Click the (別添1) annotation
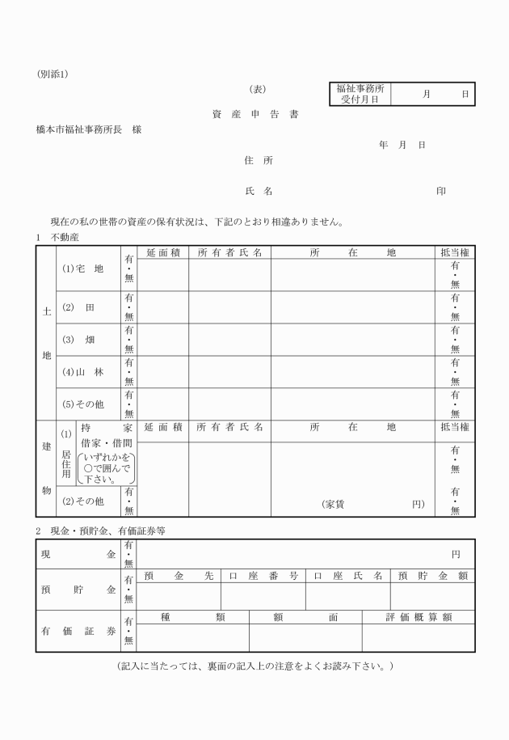(53, 74)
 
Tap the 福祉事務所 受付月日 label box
(360, 94)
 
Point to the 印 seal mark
(441, 191)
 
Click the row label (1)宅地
(83, 269)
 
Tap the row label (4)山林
(83, 372)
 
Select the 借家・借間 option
(106, 443)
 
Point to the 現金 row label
(78, 554)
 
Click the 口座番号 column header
(263, 576)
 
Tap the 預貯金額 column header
(432, 576)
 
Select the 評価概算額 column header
(418, 616)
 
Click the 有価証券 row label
(78, 631)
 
